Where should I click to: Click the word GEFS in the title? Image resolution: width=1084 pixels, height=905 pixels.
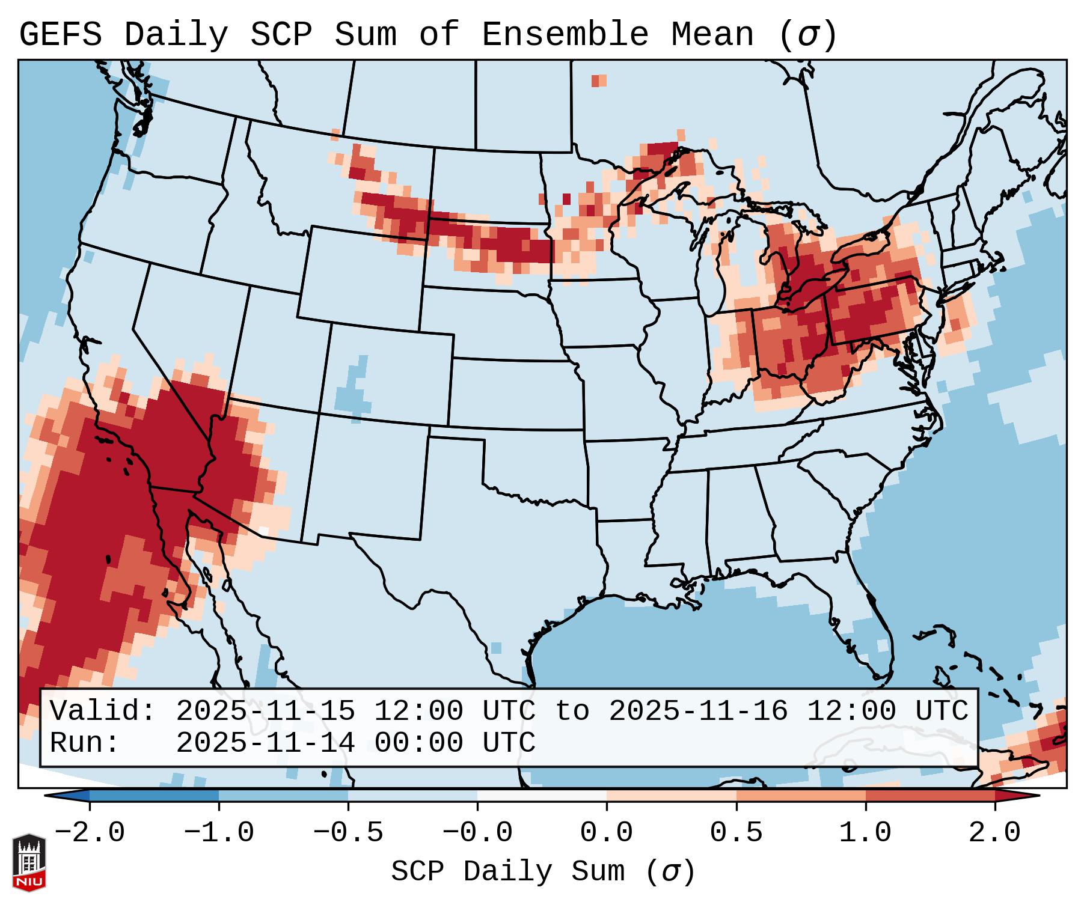[60, 35]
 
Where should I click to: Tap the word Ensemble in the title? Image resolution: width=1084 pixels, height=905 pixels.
[565, 35]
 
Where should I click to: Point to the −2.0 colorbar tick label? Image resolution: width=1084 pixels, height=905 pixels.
[90, 833]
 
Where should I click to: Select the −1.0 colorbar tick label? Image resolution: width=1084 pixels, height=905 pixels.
[219, 833]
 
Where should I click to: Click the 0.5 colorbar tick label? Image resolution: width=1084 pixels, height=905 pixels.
[736, 833]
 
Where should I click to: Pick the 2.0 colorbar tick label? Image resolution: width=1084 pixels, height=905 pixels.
[994, 833]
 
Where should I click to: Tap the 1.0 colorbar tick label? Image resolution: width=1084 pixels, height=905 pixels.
[865, 833]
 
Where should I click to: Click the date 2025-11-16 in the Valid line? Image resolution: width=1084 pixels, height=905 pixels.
[698, 712]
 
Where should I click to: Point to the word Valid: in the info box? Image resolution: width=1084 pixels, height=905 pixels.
[103, 712]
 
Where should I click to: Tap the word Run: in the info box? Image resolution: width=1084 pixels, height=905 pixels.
[85, 743]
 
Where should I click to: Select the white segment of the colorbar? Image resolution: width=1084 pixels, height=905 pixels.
[542, 796]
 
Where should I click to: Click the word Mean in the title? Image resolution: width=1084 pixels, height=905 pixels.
[712, 35]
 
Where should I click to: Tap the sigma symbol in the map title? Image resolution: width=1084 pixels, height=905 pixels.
[807, 35]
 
